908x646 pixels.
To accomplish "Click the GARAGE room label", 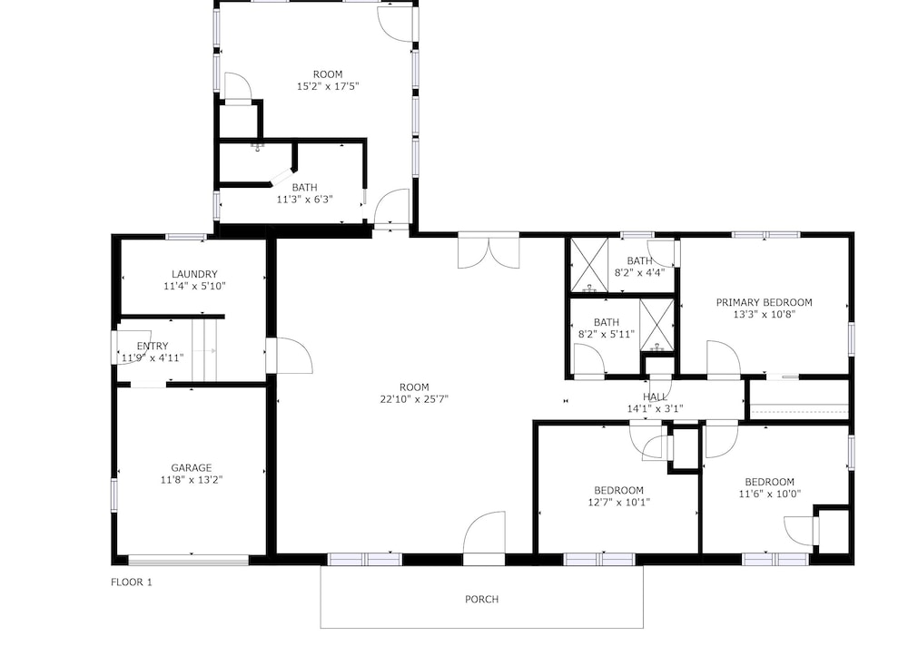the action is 191,467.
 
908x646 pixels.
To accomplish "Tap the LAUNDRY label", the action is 194,274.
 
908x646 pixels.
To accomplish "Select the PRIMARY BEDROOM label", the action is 765,302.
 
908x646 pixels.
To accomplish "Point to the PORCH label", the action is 482,599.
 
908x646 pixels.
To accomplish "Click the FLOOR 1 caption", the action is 132,582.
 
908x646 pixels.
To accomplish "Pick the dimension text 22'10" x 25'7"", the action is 415,399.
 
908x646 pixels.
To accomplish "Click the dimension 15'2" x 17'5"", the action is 328,86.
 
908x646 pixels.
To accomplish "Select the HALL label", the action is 655,396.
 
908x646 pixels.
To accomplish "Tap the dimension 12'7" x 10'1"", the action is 619,503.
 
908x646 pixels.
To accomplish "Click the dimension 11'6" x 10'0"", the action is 770,494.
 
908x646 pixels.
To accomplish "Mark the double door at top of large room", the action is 489,251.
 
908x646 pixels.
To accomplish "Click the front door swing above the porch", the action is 484,533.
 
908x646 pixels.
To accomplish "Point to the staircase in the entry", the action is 205,350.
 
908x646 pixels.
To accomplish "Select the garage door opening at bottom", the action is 188,560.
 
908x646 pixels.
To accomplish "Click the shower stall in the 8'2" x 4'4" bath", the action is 589,265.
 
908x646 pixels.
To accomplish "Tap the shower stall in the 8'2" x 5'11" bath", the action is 657,326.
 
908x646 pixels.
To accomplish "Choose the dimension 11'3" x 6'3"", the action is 304,200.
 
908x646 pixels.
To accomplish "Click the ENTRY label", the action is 153,347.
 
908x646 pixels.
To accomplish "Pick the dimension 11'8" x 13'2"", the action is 192,480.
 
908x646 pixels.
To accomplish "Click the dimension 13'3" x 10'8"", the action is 765,314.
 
